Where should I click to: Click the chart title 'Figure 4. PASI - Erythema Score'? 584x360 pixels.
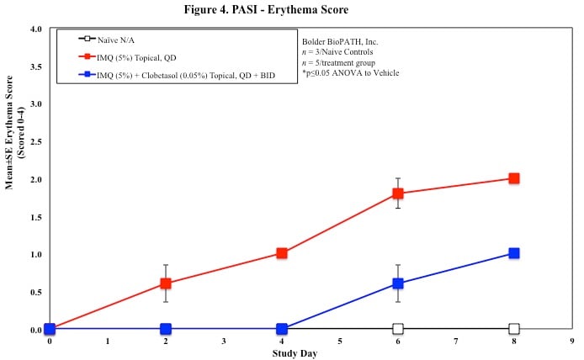coord(291,9)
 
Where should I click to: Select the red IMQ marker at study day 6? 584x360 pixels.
coord(398,193)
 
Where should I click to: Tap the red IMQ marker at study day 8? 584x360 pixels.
coord(514,178)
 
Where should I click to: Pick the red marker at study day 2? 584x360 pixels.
coord(166,283)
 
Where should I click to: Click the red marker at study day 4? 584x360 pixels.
coord(282,253)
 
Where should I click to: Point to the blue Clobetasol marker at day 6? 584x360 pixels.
coord(398,283)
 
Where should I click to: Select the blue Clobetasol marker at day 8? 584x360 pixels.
coord(514,253)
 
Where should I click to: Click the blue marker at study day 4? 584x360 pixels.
coord(282,329)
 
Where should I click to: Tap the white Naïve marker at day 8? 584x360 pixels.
coord(514,329)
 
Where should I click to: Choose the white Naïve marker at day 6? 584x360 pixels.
coord(398,329)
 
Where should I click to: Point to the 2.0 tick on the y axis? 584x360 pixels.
coord(36,179)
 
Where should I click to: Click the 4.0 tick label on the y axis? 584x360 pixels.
coord(36,29)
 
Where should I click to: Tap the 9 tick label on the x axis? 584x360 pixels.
coord(572,341)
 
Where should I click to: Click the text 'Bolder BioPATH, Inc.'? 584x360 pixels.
coord(337,41)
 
